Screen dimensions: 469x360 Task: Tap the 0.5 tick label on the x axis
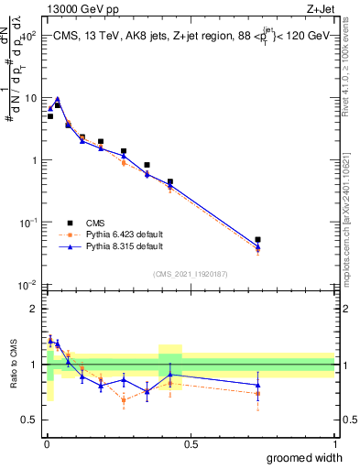(x=191, y=443)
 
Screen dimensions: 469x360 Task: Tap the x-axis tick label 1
(x=334, y=443)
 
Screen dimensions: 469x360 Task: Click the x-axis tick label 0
(x=46, y=443)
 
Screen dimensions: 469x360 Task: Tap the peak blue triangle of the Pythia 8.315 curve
(x=58, y=99)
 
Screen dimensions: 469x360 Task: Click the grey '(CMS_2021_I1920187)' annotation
(x=190, y=272)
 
